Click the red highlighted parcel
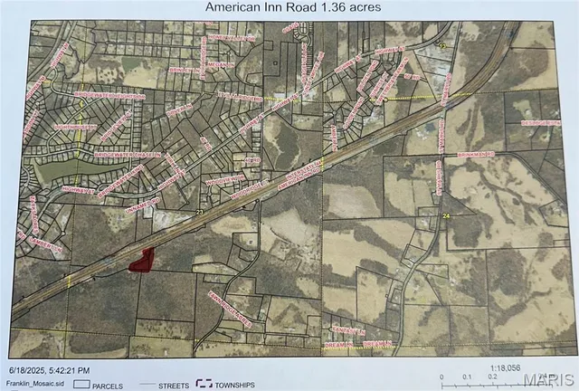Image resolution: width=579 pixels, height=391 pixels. pyautogui.click(x=139, y=262)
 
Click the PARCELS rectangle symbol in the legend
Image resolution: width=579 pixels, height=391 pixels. pyautogui.click(x=81, y=385)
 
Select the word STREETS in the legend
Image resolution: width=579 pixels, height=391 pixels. pyautogui.click(x=171, y=386)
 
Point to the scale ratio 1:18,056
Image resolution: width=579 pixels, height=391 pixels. pyautogui.click(x=506, y=369)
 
